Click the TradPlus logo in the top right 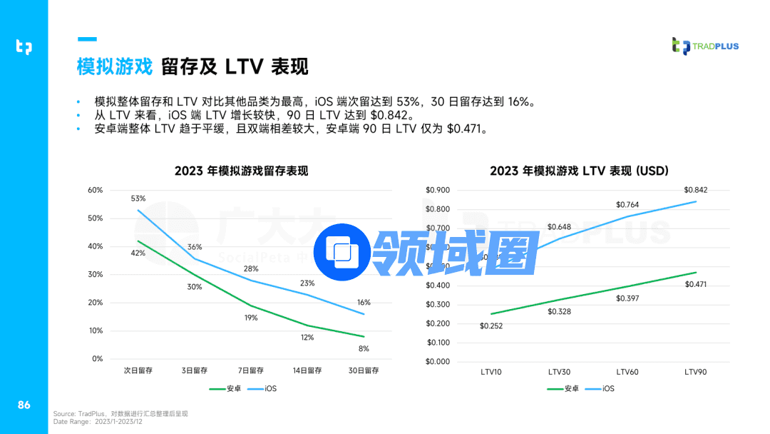705,46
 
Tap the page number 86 24,405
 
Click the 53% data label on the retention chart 138,198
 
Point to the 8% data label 364,348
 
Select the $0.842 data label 695,190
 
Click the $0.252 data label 491,325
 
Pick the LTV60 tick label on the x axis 627,372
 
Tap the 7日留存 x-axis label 251,370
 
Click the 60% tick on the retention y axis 96,190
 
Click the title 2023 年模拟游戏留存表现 242,171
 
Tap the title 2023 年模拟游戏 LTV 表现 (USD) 579,171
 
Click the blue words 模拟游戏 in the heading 115,67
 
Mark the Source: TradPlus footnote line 120,414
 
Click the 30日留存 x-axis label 364,370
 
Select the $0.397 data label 628,298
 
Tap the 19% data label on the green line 251,318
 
